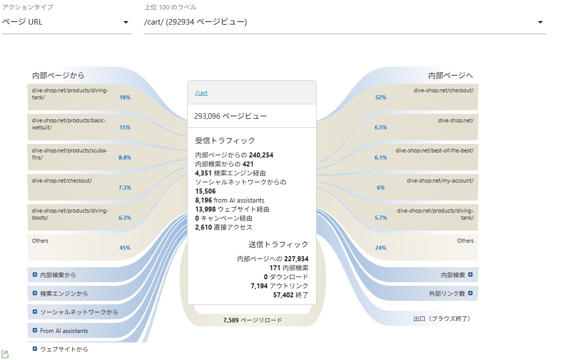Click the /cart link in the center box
[201, 93]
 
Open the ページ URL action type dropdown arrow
[126, 22]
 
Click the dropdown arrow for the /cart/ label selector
[540, 22]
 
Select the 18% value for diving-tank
[125, 97]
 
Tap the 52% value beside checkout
[381, 97]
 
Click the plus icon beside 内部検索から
[35, 275]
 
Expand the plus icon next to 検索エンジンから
[35, 293]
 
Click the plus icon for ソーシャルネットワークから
[35, 312]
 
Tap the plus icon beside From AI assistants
[35, 330]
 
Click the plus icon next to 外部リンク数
[470, 293]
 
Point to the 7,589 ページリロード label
[252, 320]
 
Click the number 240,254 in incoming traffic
[261, 155]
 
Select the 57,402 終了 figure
[291, 295]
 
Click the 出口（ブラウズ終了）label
[442, 319]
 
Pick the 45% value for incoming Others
[125, 248]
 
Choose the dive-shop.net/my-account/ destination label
[440, 181]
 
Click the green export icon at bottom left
[5, 354]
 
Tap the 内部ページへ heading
[450, 75]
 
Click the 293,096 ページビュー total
[230, 116]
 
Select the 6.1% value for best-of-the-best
[381, 157]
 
